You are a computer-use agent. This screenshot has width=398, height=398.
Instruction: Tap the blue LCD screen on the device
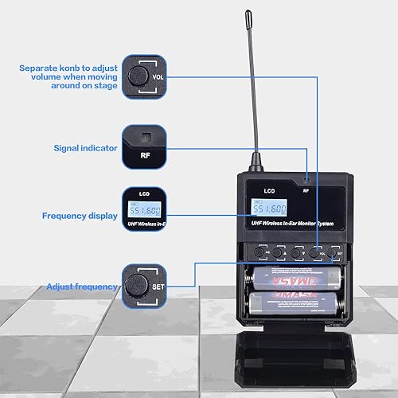coord(267,209)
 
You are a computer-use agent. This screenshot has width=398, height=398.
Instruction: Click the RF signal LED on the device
coord(306,181)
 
